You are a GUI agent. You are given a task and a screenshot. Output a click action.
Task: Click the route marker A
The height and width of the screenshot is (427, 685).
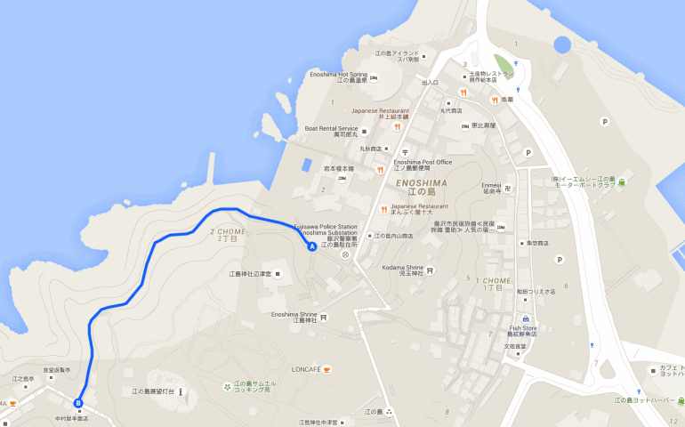tap(311, 246)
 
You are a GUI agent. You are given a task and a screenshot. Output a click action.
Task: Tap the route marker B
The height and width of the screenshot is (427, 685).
tap(78, 403)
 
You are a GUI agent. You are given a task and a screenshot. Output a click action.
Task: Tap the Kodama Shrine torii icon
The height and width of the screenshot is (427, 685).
tap(431, 270)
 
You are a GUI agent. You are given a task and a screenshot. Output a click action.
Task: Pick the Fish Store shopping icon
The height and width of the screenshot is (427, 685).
tap(526, 318)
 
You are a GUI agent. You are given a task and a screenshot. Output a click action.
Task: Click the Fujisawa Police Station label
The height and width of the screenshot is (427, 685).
tap(326, 227)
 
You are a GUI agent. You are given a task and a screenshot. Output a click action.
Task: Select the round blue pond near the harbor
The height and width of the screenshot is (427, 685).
tap(561, 44)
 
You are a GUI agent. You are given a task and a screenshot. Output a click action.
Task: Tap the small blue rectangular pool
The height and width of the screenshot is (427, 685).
tap(307, 165)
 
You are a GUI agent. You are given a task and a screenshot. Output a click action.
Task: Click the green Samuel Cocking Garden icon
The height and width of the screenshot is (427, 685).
tap(227, 386)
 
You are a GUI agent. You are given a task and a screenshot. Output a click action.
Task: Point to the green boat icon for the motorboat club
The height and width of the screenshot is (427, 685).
tap(622, 182)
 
